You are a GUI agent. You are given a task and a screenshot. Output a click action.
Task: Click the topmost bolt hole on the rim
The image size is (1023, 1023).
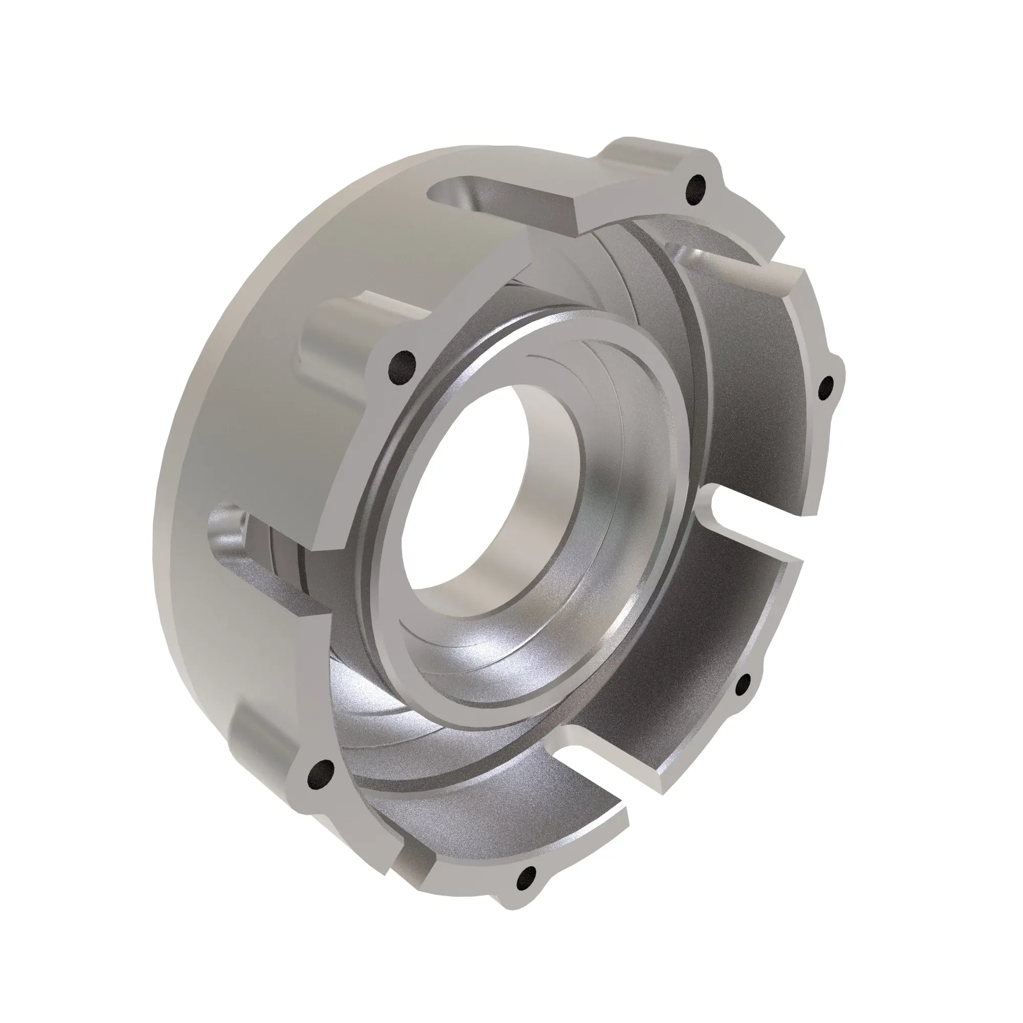click(697, 190)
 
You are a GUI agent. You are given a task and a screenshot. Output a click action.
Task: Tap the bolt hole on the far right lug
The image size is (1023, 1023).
click(827, 388)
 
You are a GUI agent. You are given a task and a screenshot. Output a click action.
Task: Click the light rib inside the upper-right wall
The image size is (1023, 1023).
click(741, 270)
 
